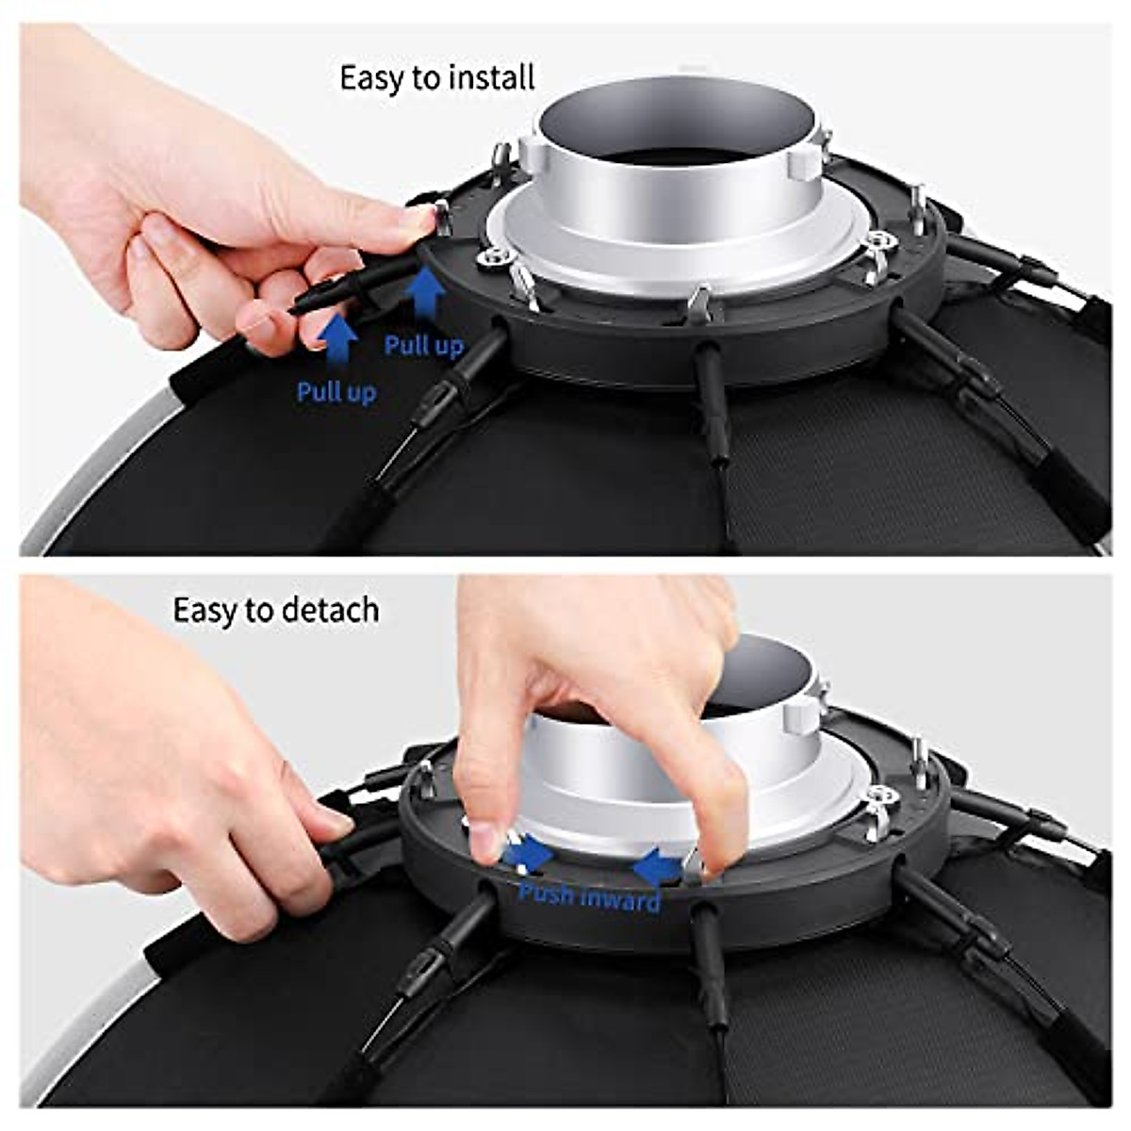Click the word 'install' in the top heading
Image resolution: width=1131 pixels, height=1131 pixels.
491,77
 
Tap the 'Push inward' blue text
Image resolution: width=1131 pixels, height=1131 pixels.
589,897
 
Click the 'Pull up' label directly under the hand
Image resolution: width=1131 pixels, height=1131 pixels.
336,391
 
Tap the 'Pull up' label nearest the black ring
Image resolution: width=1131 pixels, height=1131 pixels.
423,346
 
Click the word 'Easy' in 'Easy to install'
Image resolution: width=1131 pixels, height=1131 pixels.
370,77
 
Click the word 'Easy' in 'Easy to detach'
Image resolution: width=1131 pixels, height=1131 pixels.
203,610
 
